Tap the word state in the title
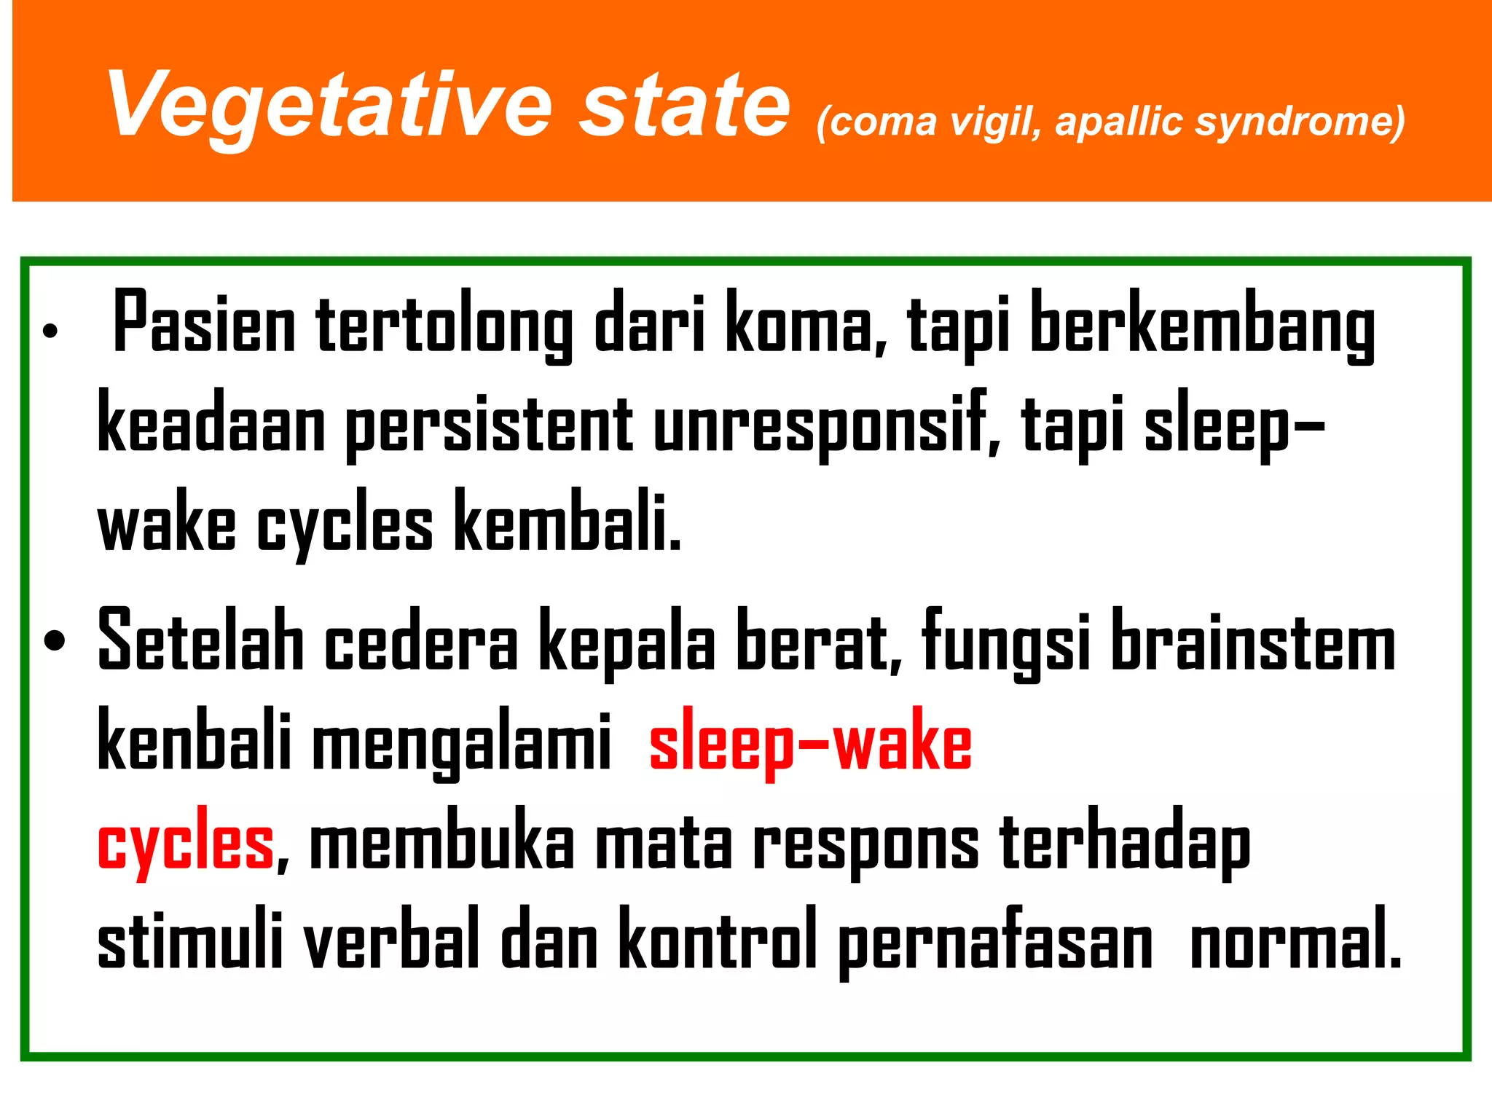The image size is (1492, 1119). coord(684,106)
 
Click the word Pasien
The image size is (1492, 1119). coord(204,323)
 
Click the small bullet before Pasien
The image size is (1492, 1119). coord(50,331)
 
